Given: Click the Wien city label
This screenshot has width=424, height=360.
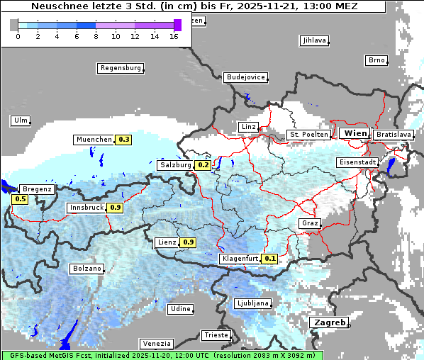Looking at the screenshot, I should (355, 133).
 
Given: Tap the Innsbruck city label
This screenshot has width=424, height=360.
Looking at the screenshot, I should (86, 208).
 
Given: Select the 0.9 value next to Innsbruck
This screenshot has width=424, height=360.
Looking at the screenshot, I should (116, 208).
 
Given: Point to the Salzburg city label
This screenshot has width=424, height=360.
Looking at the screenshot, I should (175, 165).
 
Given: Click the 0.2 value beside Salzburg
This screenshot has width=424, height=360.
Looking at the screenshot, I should (203, 165).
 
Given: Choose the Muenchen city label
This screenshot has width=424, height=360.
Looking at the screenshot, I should (94, 140).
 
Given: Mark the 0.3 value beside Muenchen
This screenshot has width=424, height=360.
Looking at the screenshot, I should (124, 140).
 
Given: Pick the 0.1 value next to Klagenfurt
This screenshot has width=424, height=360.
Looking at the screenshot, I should (270, 259).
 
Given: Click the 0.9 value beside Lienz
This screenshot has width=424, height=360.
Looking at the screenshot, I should (188, 242).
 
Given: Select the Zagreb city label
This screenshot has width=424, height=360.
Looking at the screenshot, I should (329, 323).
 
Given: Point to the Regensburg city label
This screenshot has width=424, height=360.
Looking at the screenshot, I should (120, 68).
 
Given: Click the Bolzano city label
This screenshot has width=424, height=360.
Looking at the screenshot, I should (87, 269).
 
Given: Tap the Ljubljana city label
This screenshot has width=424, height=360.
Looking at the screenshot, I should (252, 303).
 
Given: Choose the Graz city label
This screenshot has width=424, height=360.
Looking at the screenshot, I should (309, 223).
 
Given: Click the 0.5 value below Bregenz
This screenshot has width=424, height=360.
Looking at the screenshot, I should (20, 199).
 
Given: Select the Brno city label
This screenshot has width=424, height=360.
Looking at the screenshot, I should (376, 60).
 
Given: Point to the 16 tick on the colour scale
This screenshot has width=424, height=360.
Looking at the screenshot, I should (174, 35).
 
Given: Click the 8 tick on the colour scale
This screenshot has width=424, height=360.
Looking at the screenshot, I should (96, 35).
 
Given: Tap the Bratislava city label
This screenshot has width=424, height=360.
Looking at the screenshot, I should (393, 134).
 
